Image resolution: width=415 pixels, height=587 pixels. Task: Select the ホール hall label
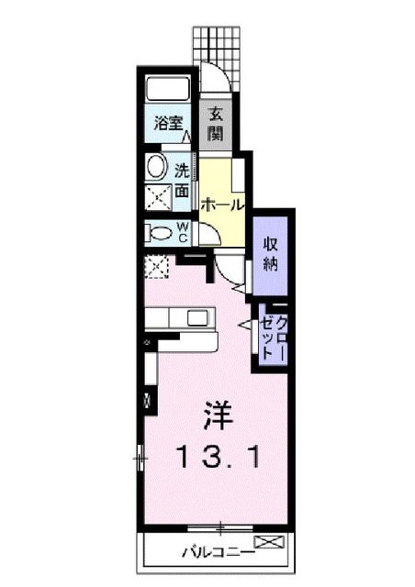(x=222, y=205)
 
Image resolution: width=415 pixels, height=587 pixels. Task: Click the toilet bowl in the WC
(x=160, y=233)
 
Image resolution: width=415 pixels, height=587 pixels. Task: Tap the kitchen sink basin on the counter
(x=197, y=317)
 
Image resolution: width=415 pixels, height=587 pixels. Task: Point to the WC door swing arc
(x=209, y=237)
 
